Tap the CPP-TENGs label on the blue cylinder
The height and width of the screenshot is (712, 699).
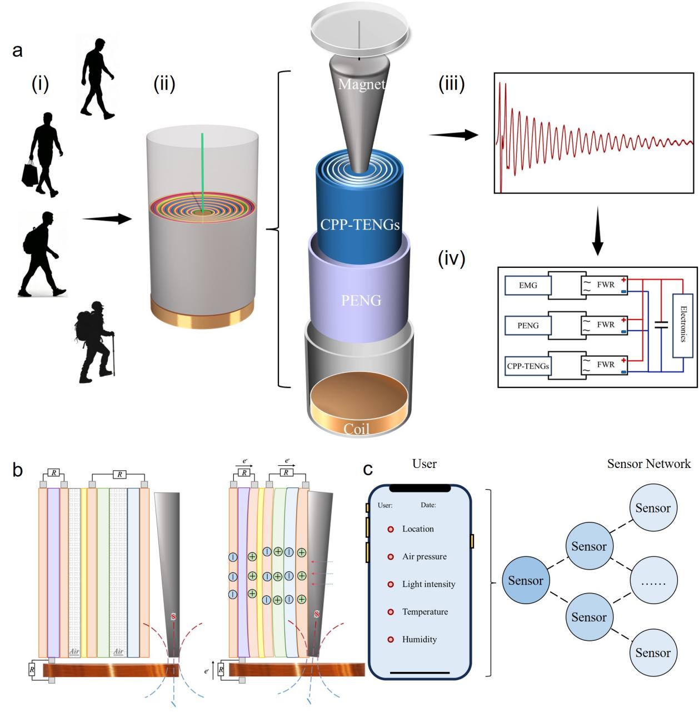360,224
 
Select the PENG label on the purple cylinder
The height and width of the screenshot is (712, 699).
361,301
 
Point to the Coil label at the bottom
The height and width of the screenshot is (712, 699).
356,429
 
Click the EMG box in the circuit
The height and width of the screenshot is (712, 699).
527,286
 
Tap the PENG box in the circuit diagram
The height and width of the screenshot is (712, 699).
527,325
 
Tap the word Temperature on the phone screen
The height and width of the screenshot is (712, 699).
425,612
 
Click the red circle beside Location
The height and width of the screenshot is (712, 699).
391,529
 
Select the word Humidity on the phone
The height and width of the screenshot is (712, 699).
420,640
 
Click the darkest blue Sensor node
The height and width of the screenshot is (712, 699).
525,581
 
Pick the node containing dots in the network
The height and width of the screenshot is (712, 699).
653,581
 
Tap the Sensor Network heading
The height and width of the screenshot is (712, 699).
648,464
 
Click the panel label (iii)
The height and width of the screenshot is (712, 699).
451,85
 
